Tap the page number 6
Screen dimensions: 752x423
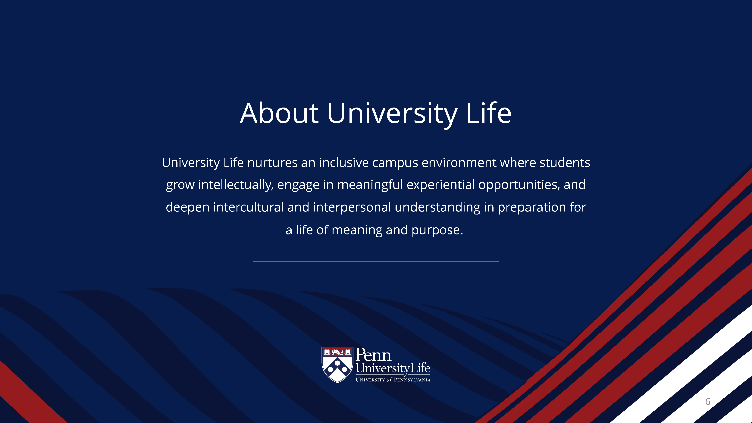tap(708, 402)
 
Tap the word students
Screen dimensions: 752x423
tap(565, 163)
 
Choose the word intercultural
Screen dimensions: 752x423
tap(248, 207)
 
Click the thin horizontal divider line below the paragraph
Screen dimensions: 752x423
tap(376, 261)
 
